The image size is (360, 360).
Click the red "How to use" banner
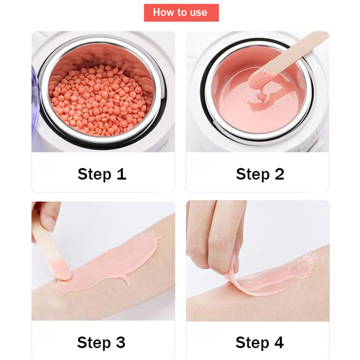181,13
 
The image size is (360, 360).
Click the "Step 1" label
102,174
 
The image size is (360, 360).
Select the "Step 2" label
260,174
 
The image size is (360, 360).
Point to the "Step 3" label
101,343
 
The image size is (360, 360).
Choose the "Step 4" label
260,343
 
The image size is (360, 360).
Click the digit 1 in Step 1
121,174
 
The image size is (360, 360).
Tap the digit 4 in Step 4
279,342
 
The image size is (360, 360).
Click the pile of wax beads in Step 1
99,100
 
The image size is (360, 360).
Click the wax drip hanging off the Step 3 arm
126,280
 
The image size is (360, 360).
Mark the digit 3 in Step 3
121,342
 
